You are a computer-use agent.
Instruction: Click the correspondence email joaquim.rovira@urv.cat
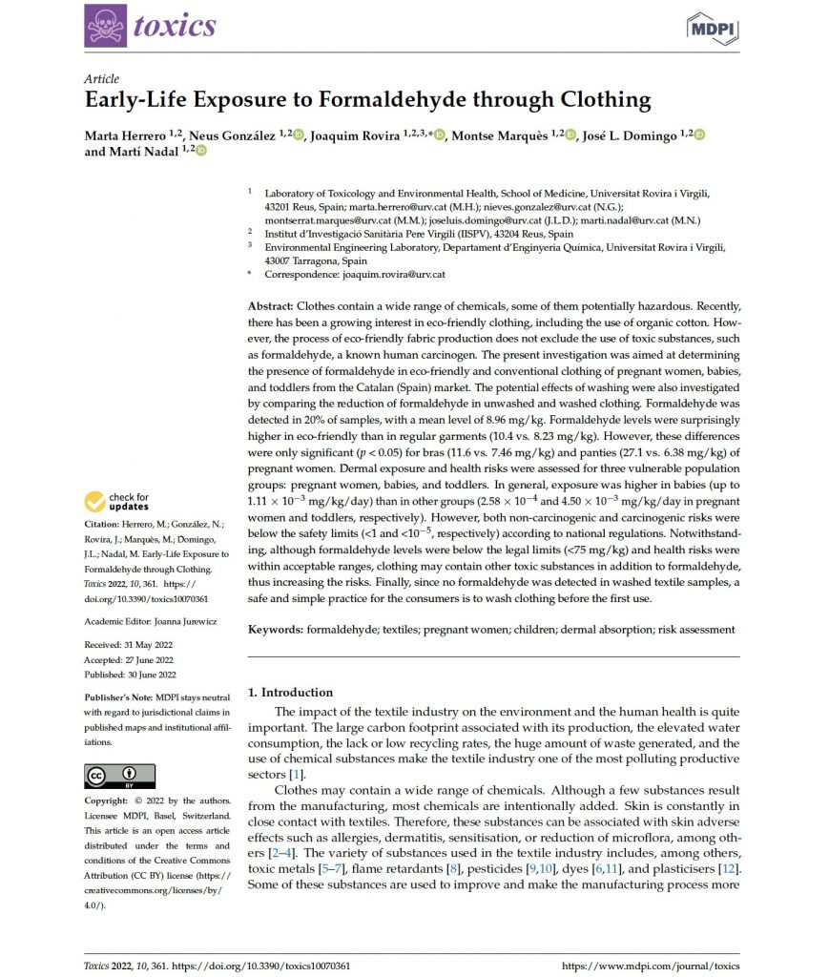coord(393,274)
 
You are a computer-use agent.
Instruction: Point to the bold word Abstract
coord(271,307)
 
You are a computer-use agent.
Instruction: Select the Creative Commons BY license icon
coord(120,774)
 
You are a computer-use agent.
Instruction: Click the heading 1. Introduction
coord(290,692)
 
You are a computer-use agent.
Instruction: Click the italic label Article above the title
coord(102,79)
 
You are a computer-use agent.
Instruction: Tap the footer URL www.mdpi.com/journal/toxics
coord(651,966)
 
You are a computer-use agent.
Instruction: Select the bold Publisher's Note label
coord(118,697)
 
